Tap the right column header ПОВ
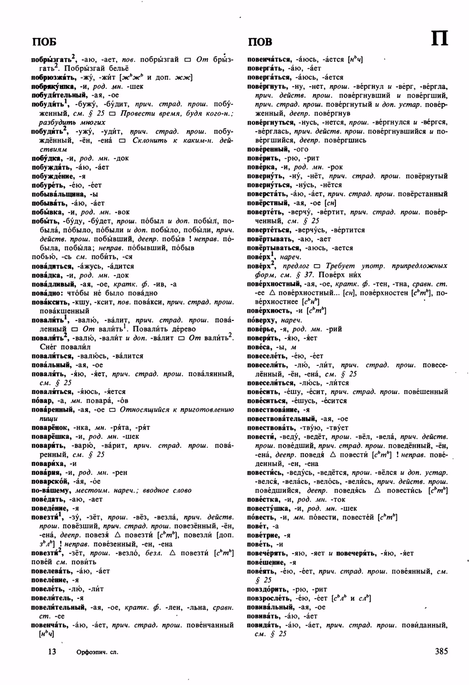(x=260, y=41)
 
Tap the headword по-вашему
(x=51, y=491)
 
